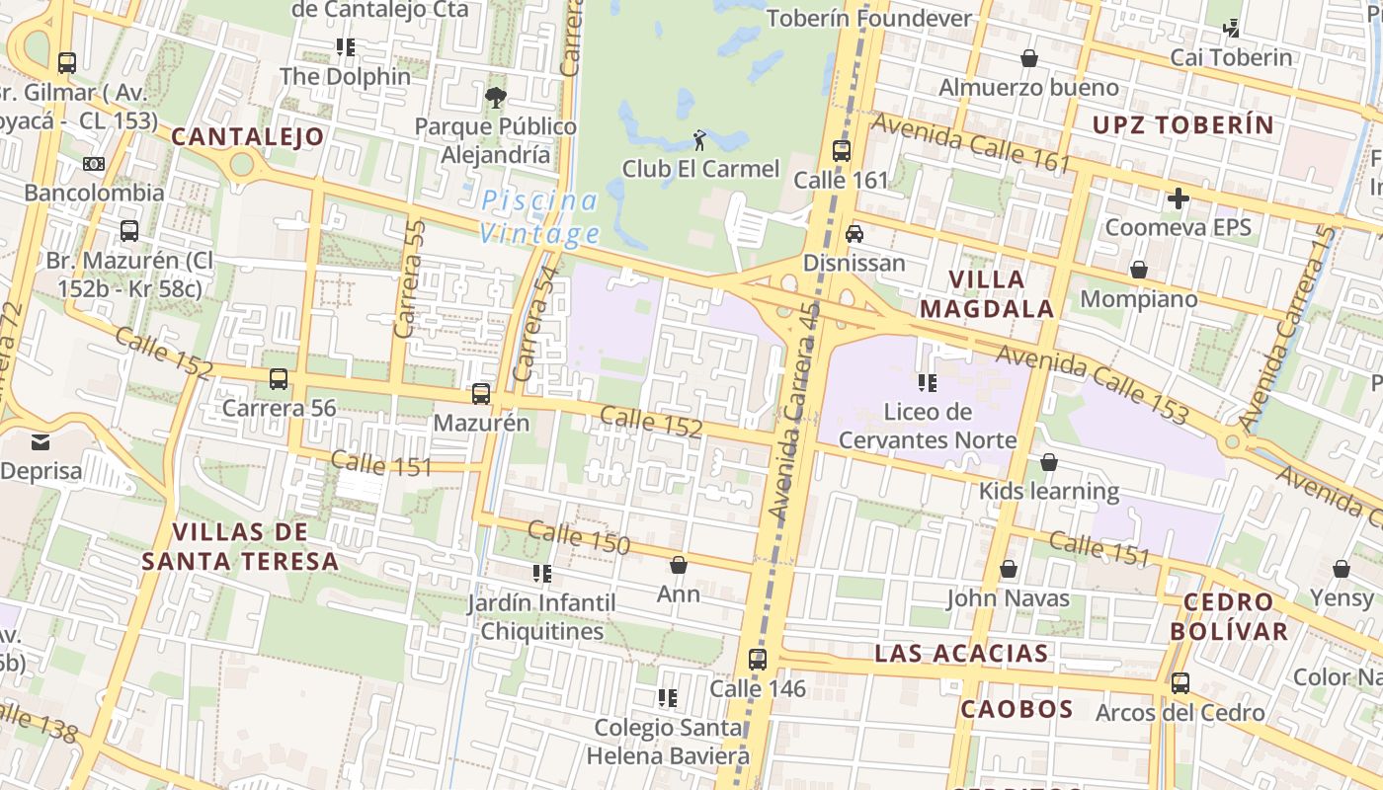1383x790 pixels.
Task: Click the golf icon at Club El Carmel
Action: [699, 140]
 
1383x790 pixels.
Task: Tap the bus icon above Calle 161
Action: [842, 151]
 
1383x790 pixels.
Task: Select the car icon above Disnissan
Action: [854, 234]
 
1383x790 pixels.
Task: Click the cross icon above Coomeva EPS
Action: [1178, 198]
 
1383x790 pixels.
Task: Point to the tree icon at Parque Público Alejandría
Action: [495, 97]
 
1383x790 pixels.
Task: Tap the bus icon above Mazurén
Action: [481, 394]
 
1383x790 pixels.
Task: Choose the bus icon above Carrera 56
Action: [279, 379]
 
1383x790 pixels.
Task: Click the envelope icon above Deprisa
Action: [41, 441]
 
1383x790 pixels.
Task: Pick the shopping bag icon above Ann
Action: [679, 565]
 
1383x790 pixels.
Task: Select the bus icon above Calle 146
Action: [758, 660]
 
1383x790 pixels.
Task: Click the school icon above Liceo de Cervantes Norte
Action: [927, 382]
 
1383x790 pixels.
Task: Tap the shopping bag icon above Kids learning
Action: [1048, 462]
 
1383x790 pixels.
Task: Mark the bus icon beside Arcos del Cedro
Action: [1180, 683]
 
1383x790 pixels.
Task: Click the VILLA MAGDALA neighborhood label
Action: [987, 293]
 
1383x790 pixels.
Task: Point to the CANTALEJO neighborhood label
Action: [248, 136]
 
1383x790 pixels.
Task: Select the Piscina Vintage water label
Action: [539, 217]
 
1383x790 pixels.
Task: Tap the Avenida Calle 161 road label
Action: [971, 143]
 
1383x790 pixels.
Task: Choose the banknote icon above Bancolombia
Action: [94, 163]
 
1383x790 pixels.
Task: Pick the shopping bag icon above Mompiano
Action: [1139, 270]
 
